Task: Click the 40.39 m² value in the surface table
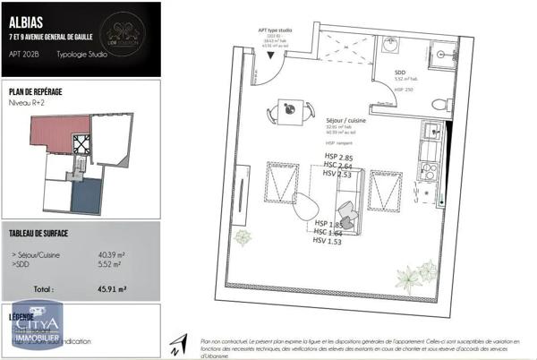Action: pos(111,254)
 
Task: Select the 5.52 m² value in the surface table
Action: pos(110,265)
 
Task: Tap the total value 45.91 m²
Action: pos(110,289)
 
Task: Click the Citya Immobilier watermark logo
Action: pos(36,327)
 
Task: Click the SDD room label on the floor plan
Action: pos(400,74)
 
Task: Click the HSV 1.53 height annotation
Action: pos(328,240)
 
